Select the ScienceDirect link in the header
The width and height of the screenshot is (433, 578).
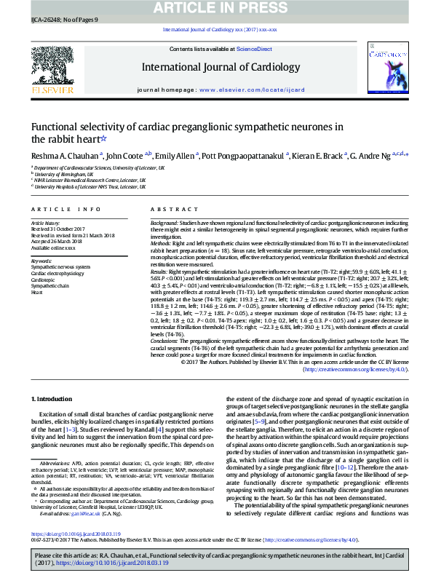(x=254, y=49)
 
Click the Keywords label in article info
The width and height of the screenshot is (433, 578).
(x=41, y=260)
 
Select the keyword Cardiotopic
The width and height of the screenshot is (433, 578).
(x=43, y=279)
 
